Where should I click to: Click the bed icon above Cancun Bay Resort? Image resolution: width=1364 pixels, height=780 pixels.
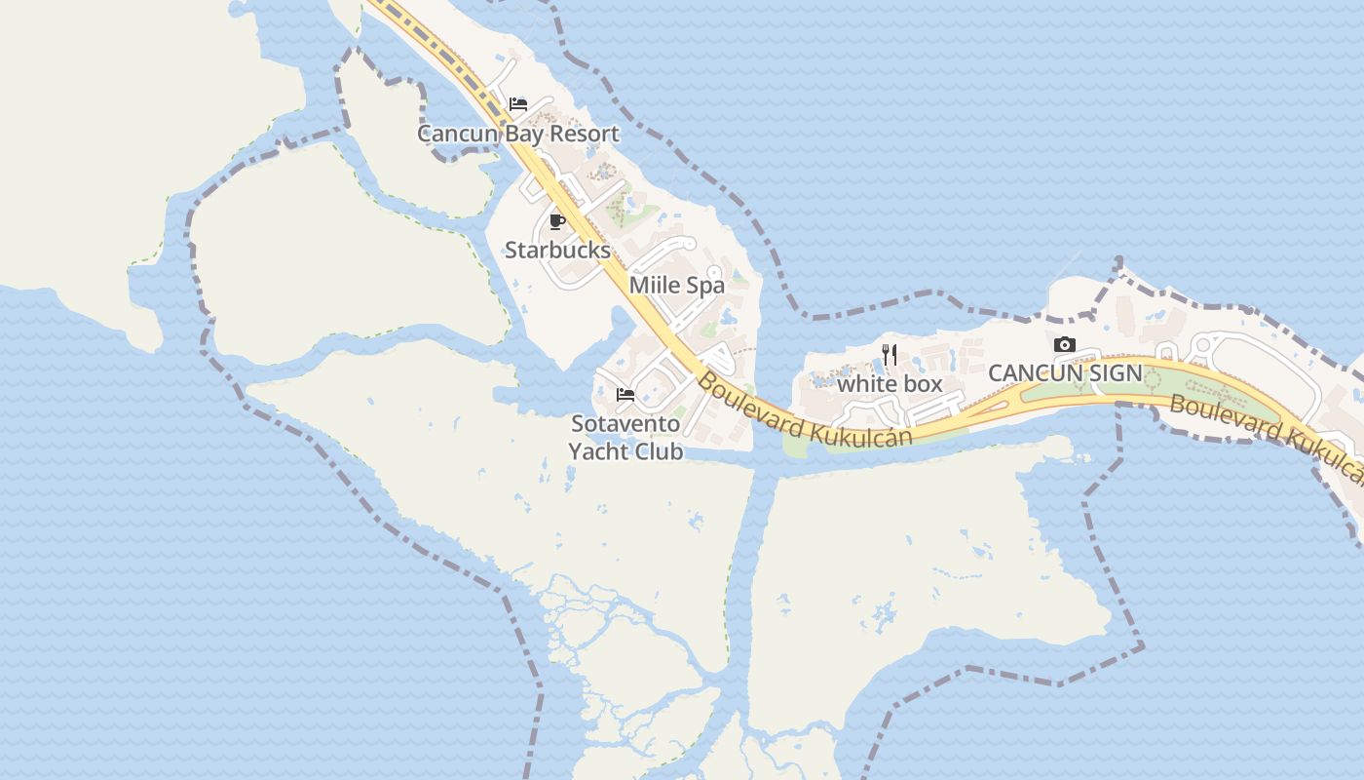pos(518,104)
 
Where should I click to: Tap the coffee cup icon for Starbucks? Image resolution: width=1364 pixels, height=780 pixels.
pos(557,221)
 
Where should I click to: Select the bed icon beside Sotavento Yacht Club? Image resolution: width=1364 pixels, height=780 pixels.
pos(625,395)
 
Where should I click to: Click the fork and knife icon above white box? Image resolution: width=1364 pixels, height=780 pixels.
pos(890,355)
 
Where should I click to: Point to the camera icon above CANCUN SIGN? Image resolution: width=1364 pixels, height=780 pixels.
pos(1065,344)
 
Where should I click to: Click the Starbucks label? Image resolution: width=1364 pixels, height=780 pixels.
pos(557,250)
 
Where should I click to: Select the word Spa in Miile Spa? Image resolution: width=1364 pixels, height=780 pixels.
pos(705,286)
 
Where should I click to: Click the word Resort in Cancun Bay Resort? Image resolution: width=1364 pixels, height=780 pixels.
pos(583,134)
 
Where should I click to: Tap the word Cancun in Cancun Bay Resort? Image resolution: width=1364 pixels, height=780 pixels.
pos(458,134)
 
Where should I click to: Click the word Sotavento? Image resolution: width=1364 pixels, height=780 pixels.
pos(625,424)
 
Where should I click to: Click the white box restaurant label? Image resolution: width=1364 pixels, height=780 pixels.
pos(890,384)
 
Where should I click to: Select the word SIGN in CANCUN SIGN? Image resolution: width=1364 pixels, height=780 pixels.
pos(1111,373)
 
